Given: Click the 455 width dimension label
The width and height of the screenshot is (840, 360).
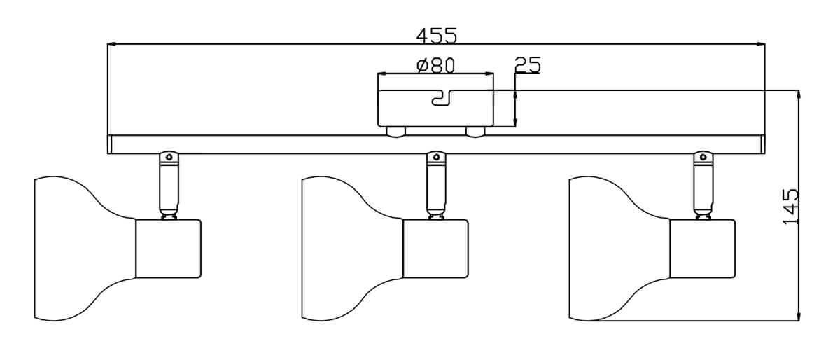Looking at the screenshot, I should coord(436,34).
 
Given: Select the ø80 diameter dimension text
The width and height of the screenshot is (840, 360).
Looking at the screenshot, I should coord(435,65).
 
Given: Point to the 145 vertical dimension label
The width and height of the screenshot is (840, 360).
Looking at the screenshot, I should coord(791,206).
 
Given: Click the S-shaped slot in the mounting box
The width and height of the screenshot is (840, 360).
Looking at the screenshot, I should coord(443,99).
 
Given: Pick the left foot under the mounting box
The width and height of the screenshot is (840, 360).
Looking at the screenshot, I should coord(395,132).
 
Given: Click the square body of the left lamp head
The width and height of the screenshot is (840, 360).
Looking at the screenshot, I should coord(168,249).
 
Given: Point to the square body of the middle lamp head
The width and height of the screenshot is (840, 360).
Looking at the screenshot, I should coord(435,249).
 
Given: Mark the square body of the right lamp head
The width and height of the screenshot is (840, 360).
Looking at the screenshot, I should coord(703,249).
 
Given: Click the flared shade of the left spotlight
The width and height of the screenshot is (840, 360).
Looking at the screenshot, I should coord(77,249).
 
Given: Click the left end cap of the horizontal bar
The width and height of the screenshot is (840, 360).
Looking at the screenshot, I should coord(110,144).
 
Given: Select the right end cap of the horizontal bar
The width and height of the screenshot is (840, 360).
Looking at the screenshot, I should coord(762,144).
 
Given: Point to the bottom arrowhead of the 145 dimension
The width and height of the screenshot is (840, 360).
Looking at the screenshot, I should coord(799,316).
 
